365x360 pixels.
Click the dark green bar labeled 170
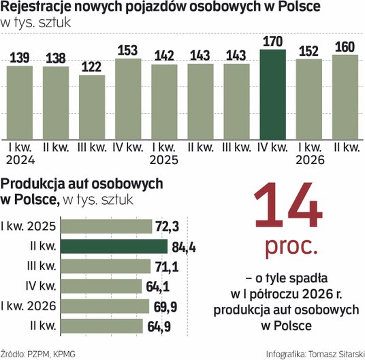273,95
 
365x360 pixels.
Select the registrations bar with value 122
92,108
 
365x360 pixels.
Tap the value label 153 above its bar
128,50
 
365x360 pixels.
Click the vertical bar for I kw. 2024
20,103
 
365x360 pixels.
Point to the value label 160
345,47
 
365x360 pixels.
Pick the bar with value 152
309,99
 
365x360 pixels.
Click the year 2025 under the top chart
164,160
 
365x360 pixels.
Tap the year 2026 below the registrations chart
310,160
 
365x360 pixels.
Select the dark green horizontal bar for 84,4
114,246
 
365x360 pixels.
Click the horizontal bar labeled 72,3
106,227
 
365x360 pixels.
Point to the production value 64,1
157,287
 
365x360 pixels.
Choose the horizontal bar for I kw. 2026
105,306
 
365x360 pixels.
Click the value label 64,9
159,327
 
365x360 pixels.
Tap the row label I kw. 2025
29,226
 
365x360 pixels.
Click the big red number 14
289,205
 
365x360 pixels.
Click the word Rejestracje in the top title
35,7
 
